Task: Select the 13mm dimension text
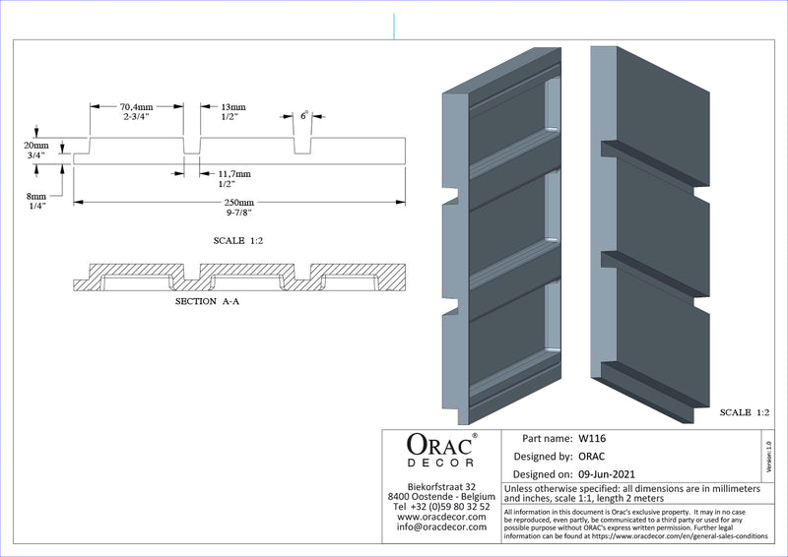pos(234,106)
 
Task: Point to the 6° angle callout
pos(304,115)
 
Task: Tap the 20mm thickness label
pos(34,145)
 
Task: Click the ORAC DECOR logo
pos(441,449)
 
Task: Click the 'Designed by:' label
pos(544,457)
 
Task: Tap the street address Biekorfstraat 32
pos(441,486)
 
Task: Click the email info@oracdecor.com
pos(441,526)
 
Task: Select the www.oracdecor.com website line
pos(441,517)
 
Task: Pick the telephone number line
pos(441,506)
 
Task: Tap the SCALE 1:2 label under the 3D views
pos(744,411)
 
